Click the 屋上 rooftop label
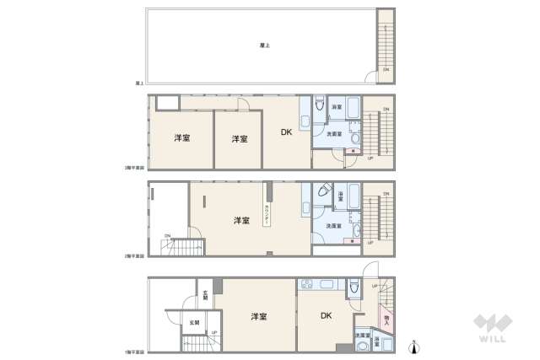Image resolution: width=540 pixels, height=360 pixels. click(x=264, y=46)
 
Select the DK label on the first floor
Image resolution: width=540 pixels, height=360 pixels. click(x=327, y=315)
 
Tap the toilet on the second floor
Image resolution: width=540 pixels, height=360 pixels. click(x=323, y=192)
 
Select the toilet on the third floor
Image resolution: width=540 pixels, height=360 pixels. click(x=320, y=106)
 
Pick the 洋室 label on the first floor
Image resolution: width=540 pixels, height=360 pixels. click(x=258, y=316)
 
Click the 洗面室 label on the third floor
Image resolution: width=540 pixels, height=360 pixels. click(x=335, y=134)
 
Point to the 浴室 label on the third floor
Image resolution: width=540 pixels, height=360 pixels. click(x=336, y=108)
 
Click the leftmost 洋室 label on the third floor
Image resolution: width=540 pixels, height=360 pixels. click(x=181, y=138)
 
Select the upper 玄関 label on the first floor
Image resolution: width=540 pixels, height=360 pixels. click(x=205, y=295)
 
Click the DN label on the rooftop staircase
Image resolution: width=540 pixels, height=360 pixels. click(x=386, y=68)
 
